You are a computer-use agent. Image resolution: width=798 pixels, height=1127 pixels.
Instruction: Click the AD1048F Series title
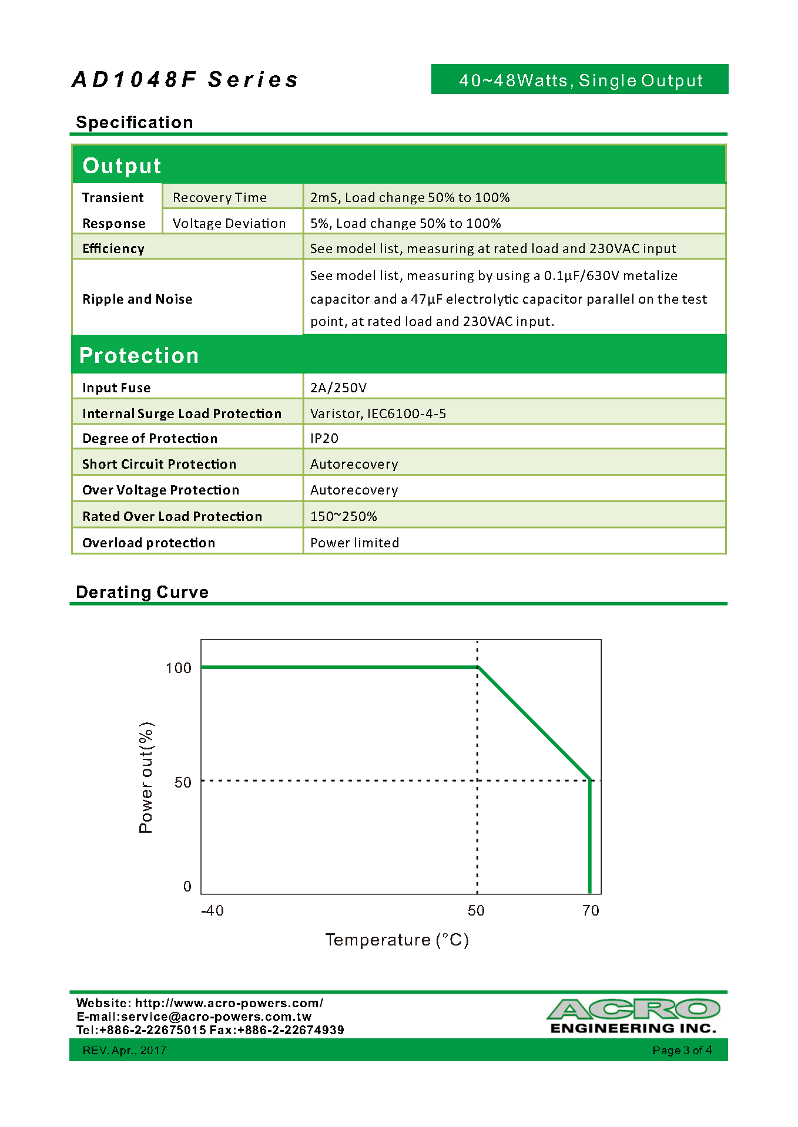(185, 80)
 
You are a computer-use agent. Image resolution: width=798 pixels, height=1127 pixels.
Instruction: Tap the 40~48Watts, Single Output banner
(580, 80)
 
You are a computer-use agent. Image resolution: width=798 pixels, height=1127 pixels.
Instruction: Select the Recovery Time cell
(220, 197)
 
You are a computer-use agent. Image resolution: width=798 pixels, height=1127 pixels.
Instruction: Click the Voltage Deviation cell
(229, 223)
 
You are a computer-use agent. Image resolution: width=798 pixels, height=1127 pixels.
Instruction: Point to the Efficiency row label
(113, 248)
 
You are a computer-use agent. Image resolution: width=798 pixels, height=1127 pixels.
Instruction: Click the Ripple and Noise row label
(138, 299)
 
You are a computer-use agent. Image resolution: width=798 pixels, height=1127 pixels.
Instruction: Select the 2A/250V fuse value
(338, 388)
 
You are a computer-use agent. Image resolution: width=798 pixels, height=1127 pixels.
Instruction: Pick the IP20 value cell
(324, 438)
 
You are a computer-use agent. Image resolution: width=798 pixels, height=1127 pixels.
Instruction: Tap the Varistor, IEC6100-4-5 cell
(378, 413)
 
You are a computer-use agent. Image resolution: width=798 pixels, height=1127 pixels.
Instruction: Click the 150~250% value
(344, 516)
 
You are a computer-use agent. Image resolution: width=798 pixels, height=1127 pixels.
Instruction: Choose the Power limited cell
(354, 543)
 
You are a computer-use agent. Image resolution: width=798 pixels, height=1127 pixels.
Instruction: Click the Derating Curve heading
(142, 592)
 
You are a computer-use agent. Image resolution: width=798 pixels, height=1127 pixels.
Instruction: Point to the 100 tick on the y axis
(179, 668)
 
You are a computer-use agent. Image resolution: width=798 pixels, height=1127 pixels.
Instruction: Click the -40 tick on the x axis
(212, 911)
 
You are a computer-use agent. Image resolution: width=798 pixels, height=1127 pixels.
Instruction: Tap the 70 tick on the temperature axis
(591, 911)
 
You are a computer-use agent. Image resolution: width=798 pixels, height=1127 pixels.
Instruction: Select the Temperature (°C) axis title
(397, 940)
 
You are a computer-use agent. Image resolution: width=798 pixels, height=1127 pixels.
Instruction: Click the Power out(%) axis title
(146, 778)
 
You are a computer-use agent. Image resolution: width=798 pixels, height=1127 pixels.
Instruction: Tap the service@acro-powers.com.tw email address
(216, 1017)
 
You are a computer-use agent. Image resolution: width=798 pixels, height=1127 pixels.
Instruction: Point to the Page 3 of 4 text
(682, 1050)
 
